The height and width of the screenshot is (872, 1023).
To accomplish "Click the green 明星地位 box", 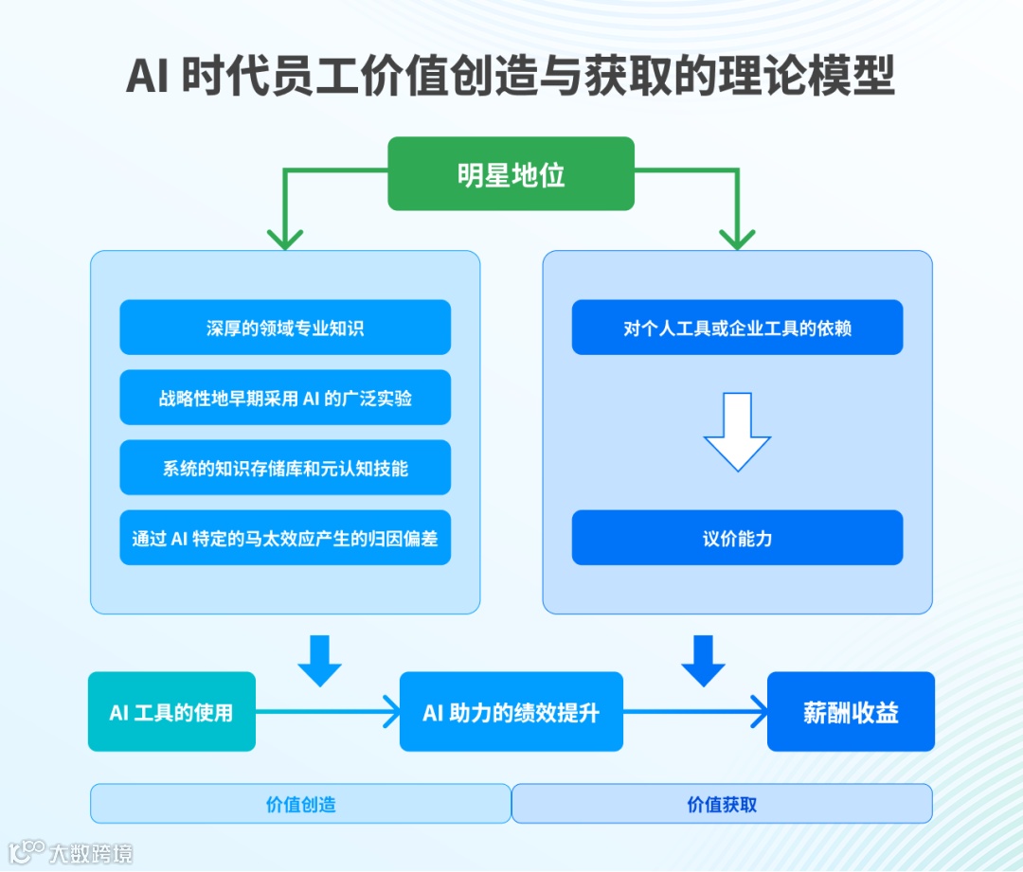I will coord(511,174).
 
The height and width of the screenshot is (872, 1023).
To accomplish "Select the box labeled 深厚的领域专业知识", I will coord(285,328).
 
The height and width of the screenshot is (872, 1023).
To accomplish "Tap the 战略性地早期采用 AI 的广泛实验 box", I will coord(285,398).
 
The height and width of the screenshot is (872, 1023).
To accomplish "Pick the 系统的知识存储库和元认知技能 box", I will coord(285,468).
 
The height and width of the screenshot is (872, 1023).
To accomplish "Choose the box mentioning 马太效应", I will coord(285,538).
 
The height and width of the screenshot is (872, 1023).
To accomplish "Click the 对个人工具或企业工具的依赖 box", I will coord(737,328).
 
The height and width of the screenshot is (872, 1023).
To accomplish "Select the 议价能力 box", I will coord(737,538).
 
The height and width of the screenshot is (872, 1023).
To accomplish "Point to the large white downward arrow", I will coord(737,431).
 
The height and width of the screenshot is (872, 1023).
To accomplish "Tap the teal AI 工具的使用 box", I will coord(171,712).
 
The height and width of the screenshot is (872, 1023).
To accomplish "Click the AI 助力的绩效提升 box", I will coord(511,712).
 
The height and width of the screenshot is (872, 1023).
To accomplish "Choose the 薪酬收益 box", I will coord(851,712).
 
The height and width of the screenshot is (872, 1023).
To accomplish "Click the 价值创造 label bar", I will coord(300,804).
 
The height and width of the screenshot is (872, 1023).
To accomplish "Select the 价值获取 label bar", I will coord(722,804).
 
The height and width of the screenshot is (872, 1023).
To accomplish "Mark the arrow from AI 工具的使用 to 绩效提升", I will coord(328,711).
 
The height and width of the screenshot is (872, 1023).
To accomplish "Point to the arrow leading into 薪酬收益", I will coord(695,711).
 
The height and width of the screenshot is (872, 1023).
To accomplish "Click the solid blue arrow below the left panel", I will coord(319,661).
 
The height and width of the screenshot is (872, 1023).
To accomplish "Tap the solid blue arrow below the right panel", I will coord(703,661).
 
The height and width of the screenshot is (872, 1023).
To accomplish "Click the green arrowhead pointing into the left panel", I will coord(285,237).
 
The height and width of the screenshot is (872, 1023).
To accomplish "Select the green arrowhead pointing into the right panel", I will coord(737,237).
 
